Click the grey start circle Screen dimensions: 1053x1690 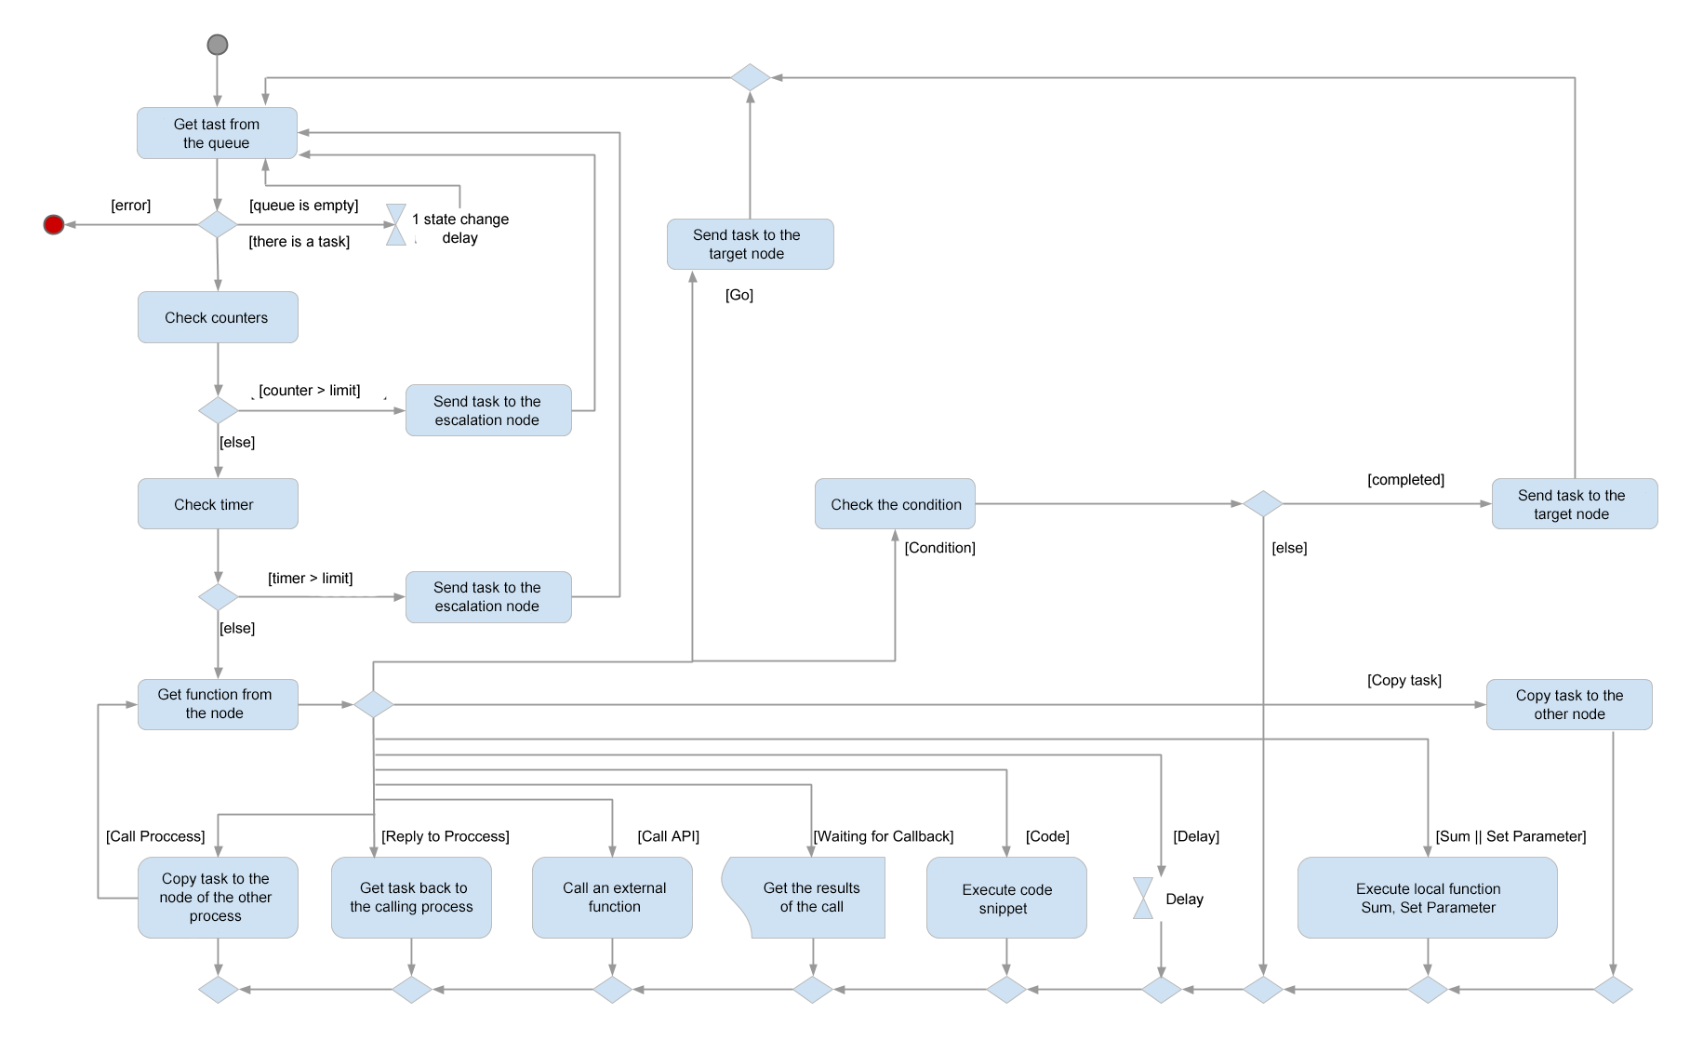[218, 45]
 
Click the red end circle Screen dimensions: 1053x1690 [54, 225]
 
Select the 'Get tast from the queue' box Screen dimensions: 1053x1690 [217, 133]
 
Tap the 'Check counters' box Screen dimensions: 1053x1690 [218, 317]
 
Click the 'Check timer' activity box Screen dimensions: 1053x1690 [218, 504]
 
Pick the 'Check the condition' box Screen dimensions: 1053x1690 [895, 504]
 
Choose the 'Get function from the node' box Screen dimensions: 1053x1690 [218, 704]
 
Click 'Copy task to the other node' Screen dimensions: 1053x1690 [1569, 704]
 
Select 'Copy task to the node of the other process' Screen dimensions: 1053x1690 [218, 898]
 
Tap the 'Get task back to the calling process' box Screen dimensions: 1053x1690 [411, 898]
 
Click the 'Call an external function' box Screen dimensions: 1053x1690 [612, 898]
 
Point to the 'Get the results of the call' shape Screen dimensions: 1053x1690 [812, 898]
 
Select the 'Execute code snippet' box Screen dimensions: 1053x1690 [1006, 898]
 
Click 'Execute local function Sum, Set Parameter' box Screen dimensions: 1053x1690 [1427, 898]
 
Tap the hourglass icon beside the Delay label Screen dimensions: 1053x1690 [1143, 899]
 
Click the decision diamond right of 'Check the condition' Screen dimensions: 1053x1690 [1263, 504]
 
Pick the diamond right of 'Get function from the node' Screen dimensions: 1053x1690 [373, 704]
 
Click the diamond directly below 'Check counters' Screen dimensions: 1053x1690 [219, 410]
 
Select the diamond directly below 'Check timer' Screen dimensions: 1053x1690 [219, 597]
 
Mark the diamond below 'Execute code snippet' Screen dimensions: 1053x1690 [1006, 990]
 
